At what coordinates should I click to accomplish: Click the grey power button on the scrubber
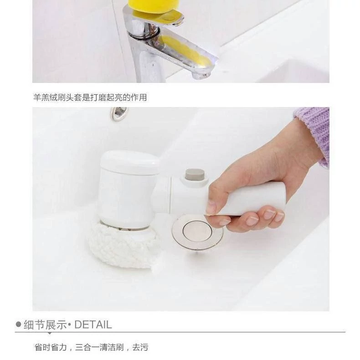coord(195,175)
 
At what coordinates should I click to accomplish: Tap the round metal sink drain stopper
coord(197,232)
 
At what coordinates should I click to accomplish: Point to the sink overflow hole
coord(119,113)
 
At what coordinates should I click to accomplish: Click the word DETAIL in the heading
coord(93,324)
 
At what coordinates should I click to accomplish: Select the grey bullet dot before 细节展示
coord(18,324)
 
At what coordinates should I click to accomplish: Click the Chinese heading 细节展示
coord(45,324)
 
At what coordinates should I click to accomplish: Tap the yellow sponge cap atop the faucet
coord(154,6)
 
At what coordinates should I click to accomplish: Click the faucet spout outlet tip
coord(201,75)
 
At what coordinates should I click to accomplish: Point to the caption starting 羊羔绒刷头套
coord(90,98)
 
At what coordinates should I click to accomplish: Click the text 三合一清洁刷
coord(99,347)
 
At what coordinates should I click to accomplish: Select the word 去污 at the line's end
coord(140,347)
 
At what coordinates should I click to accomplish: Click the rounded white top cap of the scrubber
coord(130,162)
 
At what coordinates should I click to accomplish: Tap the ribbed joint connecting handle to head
coord(162,195)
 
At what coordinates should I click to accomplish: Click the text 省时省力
coord(51,347)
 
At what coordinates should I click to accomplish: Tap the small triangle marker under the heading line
coord(49,333)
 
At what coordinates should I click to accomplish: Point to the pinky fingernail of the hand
coord(279,216)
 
